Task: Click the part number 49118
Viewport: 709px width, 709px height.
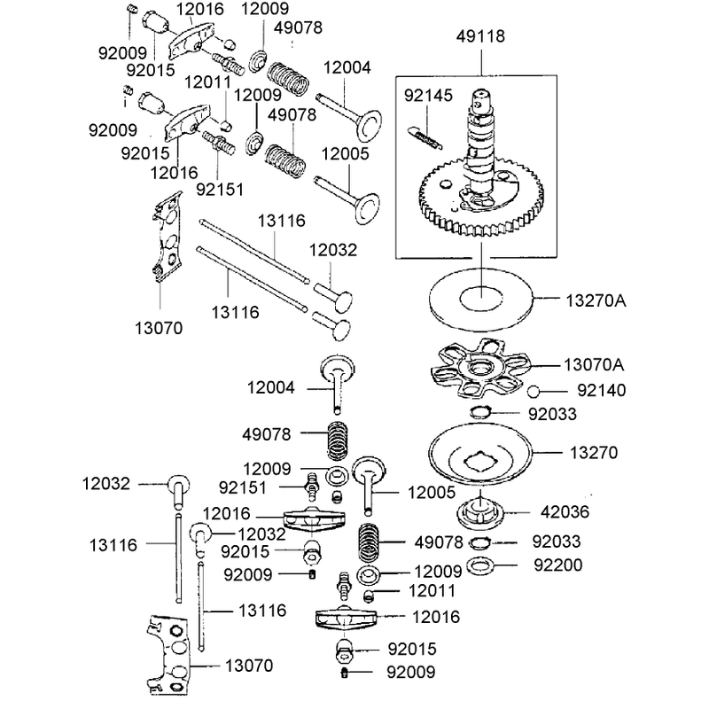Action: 480,36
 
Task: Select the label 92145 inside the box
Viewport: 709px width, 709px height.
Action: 428,96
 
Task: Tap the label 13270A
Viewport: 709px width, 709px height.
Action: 596,300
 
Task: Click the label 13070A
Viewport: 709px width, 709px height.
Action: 594,364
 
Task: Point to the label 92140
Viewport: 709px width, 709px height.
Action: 602,391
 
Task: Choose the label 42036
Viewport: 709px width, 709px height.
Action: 565,512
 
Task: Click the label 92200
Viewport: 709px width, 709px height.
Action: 558,565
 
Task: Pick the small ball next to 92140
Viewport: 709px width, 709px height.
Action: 534,391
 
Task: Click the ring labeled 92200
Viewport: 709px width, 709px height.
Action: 479,565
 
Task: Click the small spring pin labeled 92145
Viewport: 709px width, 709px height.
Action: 425,137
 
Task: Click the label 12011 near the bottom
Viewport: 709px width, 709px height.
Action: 432,591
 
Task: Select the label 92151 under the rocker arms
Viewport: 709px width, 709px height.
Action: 220,190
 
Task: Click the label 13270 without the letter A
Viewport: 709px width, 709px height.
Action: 593,453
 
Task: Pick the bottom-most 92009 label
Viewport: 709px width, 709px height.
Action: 410,673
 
